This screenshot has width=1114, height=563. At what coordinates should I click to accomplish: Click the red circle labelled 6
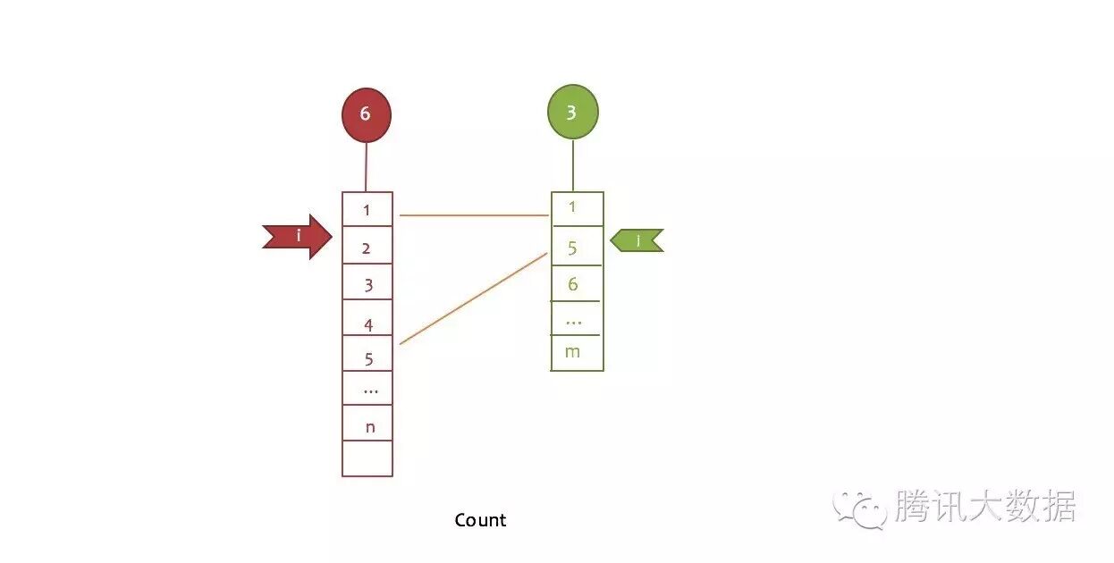[366, 114]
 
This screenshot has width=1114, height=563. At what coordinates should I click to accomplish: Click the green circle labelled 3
[572, 113]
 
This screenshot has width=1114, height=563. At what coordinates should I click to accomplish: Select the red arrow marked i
[298, 237]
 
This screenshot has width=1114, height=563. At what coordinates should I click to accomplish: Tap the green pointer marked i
[637, 240]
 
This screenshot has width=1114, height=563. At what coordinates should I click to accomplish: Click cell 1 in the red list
[367, 210]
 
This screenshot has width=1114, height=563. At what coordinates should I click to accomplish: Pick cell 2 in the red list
[367, 247]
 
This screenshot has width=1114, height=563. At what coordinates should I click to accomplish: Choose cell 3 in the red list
[367, 283]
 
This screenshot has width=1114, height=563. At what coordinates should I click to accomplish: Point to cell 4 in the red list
[367, 320]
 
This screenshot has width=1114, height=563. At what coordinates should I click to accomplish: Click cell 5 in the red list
[367, 355]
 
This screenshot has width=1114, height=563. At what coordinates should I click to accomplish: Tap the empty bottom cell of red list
[367, 458]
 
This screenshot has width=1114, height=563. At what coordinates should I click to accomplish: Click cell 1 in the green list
[577, 209]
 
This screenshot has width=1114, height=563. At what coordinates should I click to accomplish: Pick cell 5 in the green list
[577, 246]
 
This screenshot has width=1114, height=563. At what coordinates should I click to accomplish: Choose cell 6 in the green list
[577, 283]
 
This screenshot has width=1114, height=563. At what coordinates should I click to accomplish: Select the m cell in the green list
[577, 352]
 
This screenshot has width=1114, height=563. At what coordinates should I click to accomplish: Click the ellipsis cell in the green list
[577, 318]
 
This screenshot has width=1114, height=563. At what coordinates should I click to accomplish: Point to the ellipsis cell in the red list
[367, 389]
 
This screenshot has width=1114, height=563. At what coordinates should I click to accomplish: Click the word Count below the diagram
[480, 520]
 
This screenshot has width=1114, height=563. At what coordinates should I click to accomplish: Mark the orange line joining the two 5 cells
[474, 298]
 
